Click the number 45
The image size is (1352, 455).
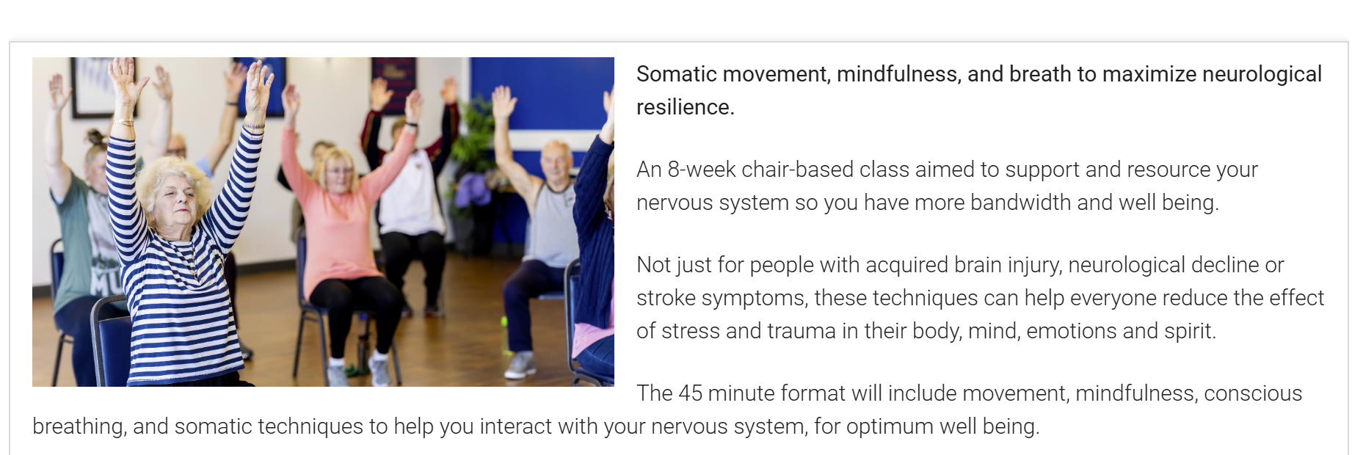point(690,393)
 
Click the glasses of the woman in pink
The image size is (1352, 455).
point(338,171)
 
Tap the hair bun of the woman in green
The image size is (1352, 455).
point(94,137)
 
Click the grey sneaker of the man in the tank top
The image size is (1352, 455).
point(520,365)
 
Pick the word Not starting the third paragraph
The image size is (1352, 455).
point(652,265)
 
